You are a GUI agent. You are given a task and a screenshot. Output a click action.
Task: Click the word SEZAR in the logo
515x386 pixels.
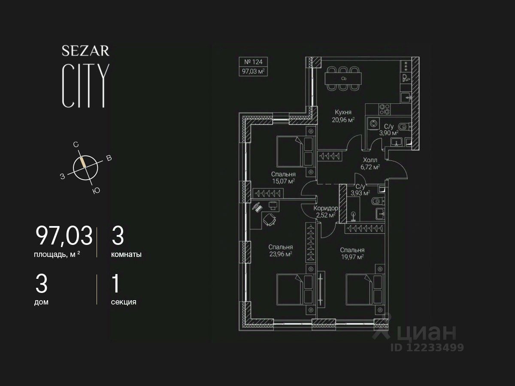click(x=85, y=51)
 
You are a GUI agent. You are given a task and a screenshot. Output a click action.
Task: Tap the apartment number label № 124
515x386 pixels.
click(x=253, y=62)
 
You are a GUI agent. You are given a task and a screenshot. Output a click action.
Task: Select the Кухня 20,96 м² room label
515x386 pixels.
click(x=343, y=116)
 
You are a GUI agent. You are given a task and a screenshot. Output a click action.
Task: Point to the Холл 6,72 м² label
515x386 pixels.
click(x=370, y=163)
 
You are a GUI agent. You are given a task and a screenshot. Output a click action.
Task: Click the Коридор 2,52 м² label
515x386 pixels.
click(x=326, y=211)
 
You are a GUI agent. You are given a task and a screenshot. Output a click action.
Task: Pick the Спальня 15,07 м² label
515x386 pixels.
click(x=283, y=178)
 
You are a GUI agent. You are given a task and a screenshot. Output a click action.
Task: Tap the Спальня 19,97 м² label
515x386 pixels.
click(x=352, y=253)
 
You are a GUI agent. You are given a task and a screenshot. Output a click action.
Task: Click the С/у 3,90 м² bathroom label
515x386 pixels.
click(x=389, y=130)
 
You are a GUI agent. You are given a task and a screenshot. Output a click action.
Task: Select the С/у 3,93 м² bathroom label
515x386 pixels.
click(x=360, y=190)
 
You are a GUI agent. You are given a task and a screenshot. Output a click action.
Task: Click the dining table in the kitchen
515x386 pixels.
click(x=343, y=79)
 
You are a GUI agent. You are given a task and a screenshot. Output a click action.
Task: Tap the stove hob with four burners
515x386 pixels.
click(x=385, y=110)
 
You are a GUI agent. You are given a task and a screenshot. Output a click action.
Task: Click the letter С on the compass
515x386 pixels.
click(x=76, y=145)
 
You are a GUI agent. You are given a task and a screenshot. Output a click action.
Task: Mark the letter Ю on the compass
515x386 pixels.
click(x=96, y=191)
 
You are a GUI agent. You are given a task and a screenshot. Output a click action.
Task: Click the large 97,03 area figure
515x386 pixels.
click(x=64, y=236)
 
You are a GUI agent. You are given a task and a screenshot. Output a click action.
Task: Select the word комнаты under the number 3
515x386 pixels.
click(x=126, y=254)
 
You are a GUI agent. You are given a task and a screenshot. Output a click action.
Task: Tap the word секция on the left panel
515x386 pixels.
click(x=124, y=302)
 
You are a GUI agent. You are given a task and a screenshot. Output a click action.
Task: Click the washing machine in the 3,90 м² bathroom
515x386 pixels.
click(x=373, y=124)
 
